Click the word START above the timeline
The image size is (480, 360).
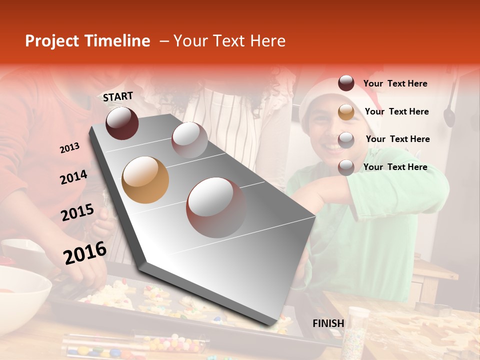point(118,96)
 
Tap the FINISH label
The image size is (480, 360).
point(328,323)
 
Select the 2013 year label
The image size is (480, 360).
point(70,148)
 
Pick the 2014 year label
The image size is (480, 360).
point(73,177)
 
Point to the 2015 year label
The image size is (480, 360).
point(77,213)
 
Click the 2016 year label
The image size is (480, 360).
point(85,252)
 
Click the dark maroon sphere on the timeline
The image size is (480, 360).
point(122,123)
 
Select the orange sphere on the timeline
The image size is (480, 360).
point(145,180)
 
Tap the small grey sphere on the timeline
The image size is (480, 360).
point(189,140)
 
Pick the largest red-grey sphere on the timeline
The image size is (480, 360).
point(215,207)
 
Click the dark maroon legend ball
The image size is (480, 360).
point(346,83)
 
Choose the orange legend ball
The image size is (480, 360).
point(346,112)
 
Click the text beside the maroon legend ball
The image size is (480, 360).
point(395,83)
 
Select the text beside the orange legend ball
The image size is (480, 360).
point(397,111)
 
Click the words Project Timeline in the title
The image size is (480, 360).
point(87,41)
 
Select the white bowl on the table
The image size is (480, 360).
point(22,290)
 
